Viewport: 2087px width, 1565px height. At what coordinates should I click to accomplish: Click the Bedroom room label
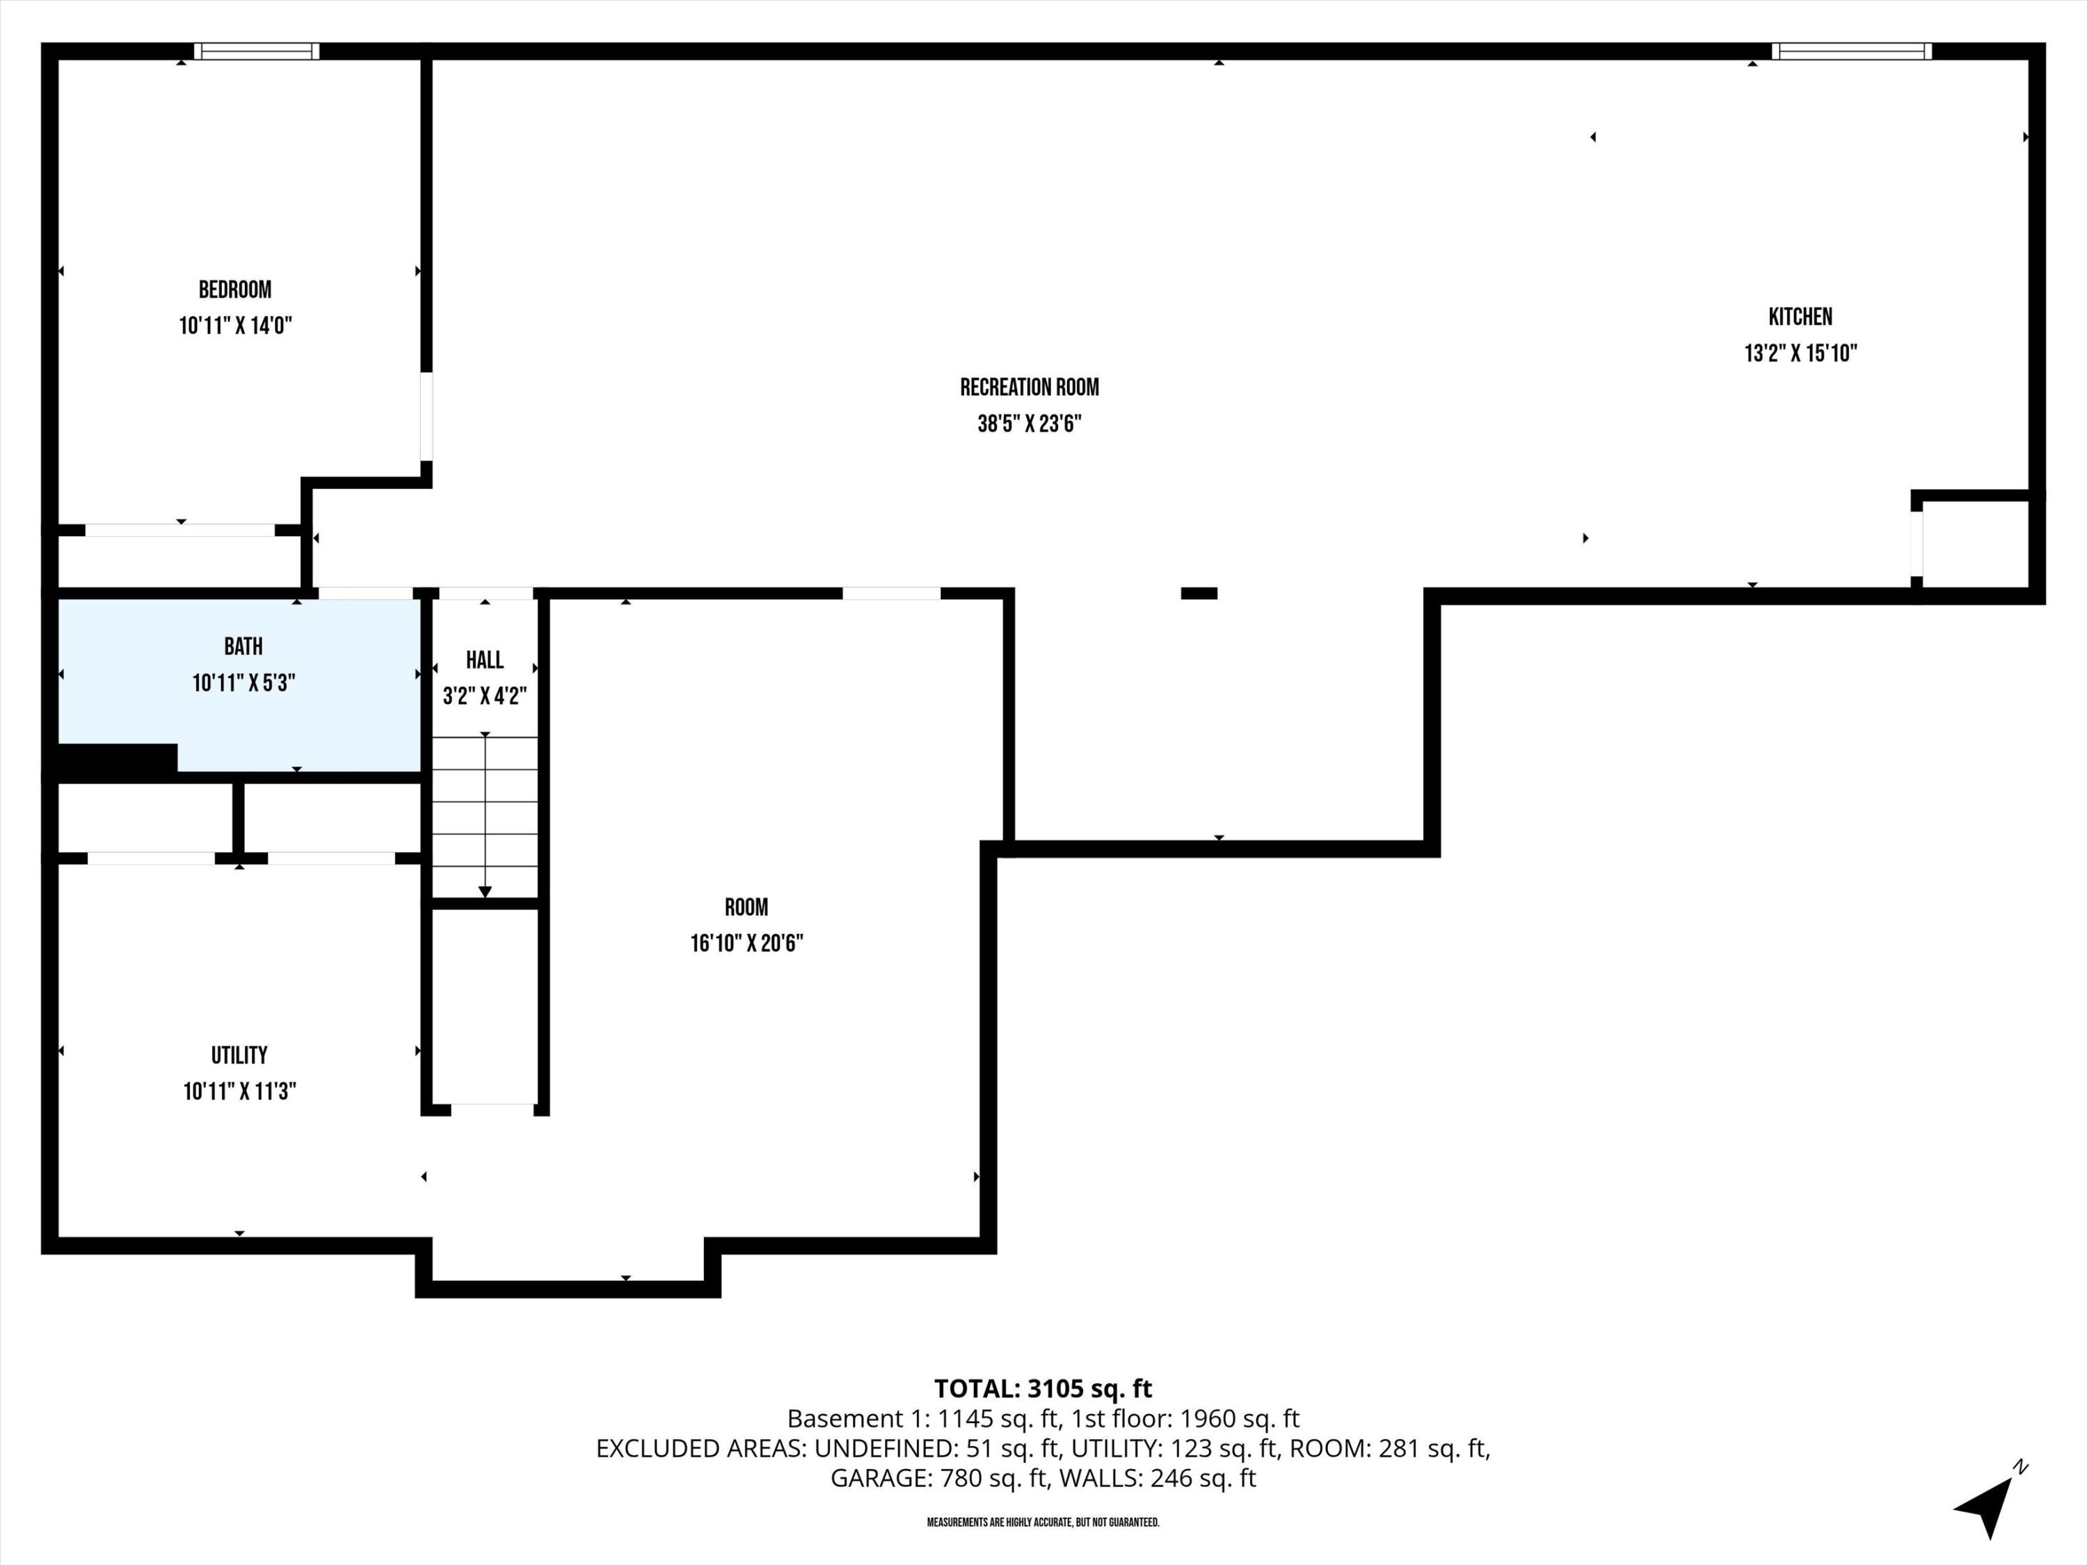coord(235,289)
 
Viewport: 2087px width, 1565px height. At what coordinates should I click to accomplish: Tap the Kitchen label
coord(1800,317)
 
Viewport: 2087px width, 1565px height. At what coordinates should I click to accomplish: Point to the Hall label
coord(484,659)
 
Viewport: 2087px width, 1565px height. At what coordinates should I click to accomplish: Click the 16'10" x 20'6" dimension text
coord(746,943)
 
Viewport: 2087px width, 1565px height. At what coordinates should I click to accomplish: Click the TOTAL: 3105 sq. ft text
coord(1043,1388)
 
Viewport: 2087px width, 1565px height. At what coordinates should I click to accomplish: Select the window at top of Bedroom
coord(257,51)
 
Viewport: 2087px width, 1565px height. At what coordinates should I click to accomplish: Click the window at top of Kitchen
coord(1851,51)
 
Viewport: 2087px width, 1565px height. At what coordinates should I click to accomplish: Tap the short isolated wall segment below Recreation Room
coord(1199,593)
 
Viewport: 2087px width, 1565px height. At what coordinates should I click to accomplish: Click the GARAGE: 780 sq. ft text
coord(938,1478)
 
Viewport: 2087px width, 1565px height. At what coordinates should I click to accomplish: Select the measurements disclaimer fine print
coord(1043,1523)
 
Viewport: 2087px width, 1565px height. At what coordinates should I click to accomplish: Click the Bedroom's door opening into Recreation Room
coord(426,416)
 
